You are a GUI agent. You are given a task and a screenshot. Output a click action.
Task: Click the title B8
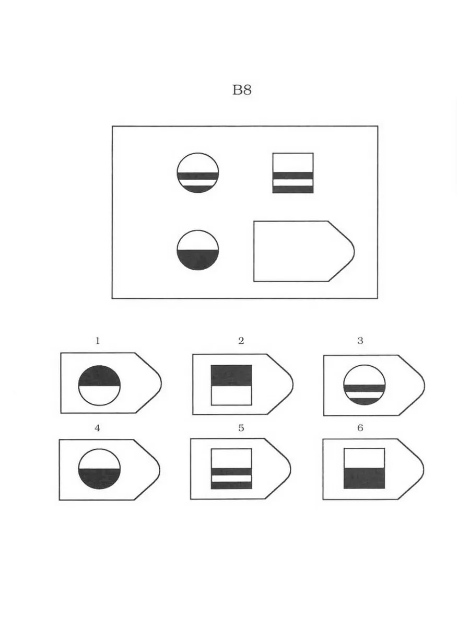(x=242, y=90)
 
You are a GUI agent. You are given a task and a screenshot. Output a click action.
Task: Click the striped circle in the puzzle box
(x=198, y=173)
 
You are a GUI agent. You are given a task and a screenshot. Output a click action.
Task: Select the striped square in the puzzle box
(x=293, y=173)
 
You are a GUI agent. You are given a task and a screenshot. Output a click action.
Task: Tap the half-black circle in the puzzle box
(x=198, y=250)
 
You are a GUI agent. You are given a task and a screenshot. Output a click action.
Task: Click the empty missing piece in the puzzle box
(x=304, y=251)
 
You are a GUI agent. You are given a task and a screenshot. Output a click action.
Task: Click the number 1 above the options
(x=98, y=341)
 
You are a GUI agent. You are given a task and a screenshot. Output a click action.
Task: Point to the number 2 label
(x=241, y=341)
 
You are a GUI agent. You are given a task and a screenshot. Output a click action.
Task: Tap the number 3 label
(x=360, y=341)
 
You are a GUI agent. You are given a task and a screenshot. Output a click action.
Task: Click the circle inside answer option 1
(x=99, y=385)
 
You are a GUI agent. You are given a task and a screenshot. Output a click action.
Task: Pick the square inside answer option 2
(x=231, y=385)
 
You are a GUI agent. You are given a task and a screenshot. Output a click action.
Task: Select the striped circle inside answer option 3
(x=365, y=385)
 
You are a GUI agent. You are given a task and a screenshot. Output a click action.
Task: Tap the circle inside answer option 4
(x=99, y=469)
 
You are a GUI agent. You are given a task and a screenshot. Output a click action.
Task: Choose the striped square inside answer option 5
(x=231, y=469)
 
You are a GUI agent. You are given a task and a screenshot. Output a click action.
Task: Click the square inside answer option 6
(x=364, y=469)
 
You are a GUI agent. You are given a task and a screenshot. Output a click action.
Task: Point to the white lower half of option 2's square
(x=231, y=396)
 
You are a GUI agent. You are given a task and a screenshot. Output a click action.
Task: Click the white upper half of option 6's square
(x=364, y=458)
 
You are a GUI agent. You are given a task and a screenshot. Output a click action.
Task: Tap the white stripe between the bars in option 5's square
(x=231, y=479)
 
